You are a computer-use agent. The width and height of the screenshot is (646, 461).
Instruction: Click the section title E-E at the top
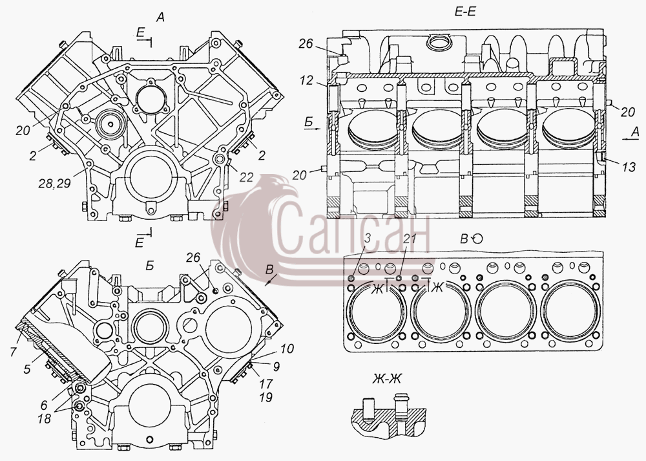point(465,12)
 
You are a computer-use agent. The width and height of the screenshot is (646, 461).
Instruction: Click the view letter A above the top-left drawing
point(160,17)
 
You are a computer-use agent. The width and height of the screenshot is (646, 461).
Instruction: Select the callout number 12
point(306,80)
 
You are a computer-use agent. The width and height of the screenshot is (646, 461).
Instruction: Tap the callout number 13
point(629,167)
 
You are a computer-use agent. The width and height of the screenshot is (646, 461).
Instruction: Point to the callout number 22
point(246,177)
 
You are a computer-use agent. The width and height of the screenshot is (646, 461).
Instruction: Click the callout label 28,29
point(55,184)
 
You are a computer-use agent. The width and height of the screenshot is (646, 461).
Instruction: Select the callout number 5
point(27,369)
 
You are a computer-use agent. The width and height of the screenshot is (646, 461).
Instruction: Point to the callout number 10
point(287,349)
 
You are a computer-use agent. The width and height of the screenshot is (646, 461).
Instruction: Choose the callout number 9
point(276,366)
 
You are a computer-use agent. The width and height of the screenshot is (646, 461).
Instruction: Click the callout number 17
point(266,384)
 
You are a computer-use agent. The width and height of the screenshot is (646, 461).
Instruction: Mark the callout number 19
point(267,398)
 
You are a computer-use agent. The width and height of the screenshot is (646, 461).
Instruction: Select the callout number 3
point(368,238)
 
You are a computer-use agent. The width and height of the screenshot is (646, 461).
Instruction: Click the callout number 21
point(410,238)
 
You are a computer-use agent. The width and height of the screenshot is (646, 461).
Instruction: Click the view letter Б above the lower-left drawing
point(150,266)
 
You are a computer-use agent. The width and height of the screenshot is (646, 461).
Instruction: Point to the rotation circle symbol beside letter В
point(477,239)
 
